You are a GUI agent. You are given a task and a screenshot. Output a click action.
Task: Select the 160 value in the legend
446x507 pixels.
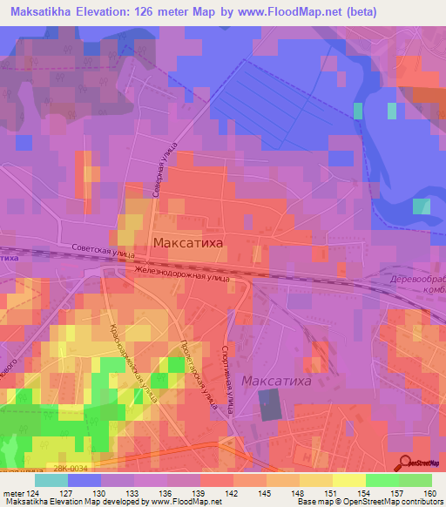[x=430, y=492]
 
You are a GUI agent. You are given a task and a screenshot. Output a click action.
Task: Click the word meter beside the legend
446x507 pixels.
[x=13, y=492]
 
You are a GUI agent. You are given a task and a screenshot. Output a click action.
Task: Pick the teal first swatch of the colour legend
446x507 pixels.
[x=51, y=479]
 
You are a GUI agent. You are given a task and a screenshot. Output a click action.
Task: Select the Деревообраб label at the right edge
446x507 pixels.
[x=416, y=277]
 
